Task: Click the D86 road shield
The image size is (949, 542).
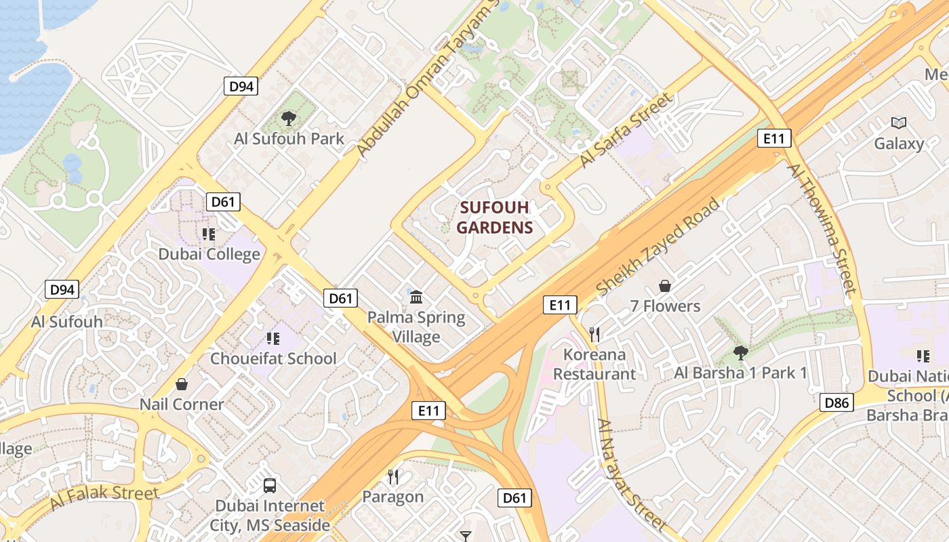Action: coord(836,403)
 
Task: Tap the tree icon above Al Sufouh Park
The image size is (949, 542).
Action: coord(289,119)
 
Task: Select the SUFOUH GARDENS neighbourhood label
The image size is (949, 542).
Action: coord(494,217)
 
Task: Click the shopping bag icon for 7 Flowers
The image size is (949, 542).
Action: coord(665,287)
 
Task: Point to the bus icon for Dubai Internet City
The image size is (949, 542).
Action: coord(270,485)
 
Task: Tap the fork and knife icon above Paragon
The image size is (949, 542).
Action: coord(392,477)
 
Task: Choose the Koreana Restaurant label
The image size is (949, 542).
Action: coord(594,364)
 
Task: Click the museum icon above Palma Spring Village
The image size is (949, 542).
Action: coord(416,297)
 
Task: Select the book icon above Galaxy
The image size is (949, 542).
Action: coord(899,123)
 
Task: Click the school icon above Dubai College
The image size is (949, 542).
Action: coord(209,234)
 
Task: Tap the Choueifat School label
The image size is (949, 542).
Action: coord(273,358)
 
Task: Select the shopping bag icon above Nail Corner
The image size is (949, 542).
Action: coord(182,384)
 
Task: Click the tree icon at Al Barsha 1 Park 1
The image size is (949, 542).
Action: coord(740,353)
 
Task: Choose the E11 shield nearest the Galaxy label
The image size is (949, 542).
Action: coord(773,139)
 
